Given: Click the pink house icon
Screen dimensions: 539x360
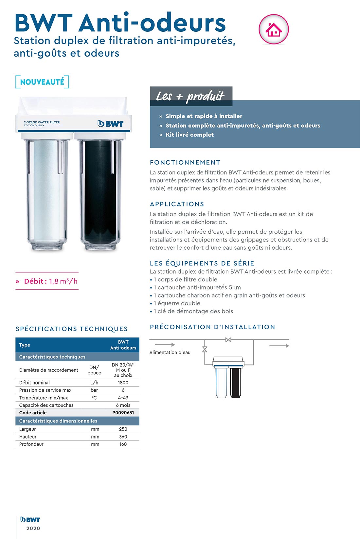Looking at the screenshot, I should point(274,29).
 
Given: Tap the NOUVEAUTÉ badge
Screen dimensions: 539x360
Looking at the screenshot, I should point(42,82).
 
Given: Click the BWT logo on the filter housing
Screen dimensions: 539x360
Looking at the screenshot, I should point(110,124).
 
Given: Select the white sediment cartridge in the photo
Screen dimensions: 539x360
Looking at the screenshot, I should point(47,190).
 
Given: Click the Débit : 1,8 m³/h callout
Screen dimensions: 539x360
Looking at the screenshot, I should point(47,281).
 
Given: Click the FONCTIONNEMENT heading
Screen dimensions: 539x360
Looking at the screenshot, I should point(185,162).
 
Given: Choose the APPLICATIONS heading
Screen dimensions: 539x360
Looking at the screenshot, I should point(177,204).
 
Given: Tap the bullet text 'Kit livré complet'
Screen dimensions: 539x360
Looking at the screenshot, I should point(189,135).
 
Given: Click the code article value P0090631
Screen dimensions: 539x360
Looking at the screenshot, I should point(123,413).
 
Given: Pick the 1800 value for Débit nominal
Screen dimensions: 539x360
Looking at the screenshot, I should point(123,383).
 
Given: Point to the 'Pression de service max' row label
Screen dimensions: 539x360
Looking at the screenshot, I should point(45,390).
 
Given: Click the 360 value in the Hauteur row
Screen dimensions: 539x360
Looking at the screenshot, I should point(123,437).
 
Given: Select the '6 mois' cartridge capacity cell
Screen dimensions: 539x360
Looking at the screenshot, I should point(123,405).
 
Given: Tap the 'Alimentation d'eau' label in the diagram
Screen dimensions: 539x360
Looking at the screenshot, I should point(170,352).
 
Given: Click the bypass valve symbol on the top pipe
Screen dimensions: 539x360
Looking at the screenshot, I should point(228,340).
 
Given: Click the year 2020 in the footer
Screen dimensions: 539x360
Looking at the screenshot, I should point(33,528).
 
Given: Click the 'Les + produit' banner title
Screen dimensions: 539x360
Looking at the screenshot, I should point(190,96).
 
